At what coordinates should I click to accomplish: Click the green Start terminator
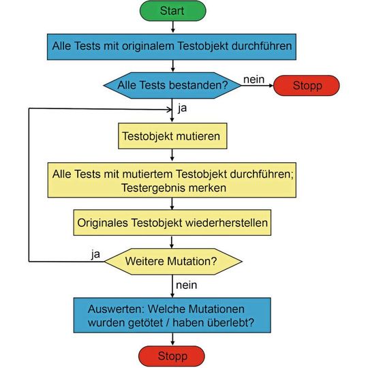[x=172, y=11]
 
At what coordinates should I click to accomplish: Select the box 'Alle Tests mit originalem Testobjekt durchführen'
[x=173, y=47]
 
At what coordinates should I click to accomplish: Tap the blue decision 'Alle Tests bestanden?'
[x=172, y=85]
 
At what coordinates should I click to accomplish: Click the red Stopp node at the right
[x=307, y=86]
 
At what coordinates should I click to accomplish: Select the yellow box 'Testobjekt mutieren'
[x=172, y=136]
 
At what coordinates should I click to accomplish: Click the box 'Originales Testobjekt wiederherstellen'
[x=172, y=222]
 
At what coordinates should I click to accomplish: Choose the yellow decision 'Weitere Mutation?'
[x=173, y=260]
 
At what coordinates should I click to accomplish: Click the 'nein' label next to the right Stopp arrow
[x=254, y=79]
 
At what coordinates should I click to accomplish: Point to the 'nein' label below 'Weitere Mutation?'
[x=187, y=282]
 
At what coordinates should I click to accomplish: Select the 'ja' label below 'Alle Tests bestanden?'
[x=182, y=108]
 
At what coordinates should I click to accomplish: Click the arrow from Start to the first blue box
[x=172, y=27]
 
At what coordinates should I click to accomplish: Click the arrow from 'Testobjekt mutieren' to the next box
[x=172, y=155]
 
